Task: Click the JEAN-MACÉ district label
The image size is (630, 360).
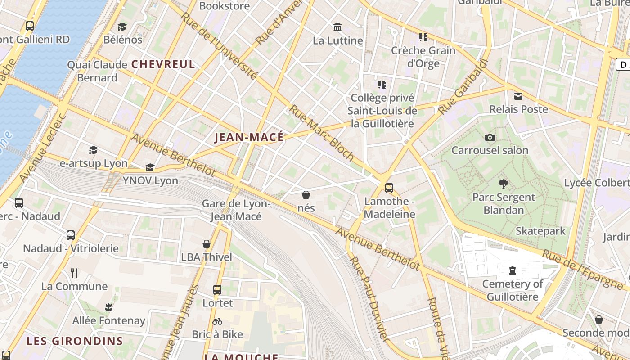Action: click(249, 137)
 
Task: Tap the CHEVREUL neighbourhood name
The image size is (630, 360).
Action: click(163, 64)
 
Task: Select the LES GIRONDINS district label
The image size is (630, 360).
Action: click(75, 341)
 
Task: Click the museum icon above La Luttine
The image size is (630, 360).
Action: click(337, 27)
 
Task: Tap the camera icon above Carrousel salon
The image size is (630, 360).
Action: click(490, 137)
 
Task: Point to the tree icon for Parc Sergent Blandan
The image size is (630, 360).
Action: click(504, 184)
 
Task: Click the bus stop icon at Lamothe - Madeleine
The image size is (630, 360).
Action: click(389, 188)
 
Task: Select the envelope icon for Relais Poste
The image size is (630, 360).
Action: click(518, 96)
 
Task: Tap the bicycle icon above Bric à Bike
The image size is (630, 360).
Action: click(217, 321)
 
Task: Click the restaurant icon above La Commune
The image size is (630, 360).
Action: click(74, 273)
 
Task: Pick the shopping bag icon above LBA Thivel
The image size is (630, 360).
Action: click(207, 244)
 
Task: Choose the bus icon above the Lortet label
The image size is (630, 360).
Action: click(217, 289)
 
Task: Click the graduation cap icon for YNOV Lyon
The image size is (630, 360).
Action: click(150, 168)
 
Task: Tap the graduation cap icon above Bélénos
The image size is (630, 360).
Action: click(122, 27)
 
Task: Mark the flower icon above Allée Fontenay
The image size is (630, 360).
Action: click(108, 307)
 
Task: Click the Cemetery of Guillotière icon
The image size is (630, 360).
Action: click(512, 270)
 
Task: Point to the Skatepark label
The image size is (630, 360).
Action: click(540, 231)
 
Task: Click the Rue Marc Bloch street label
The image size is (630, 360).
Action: click(321, 133)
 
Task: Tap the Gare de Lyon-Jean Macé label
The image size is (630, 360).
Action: click(236, 210)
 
